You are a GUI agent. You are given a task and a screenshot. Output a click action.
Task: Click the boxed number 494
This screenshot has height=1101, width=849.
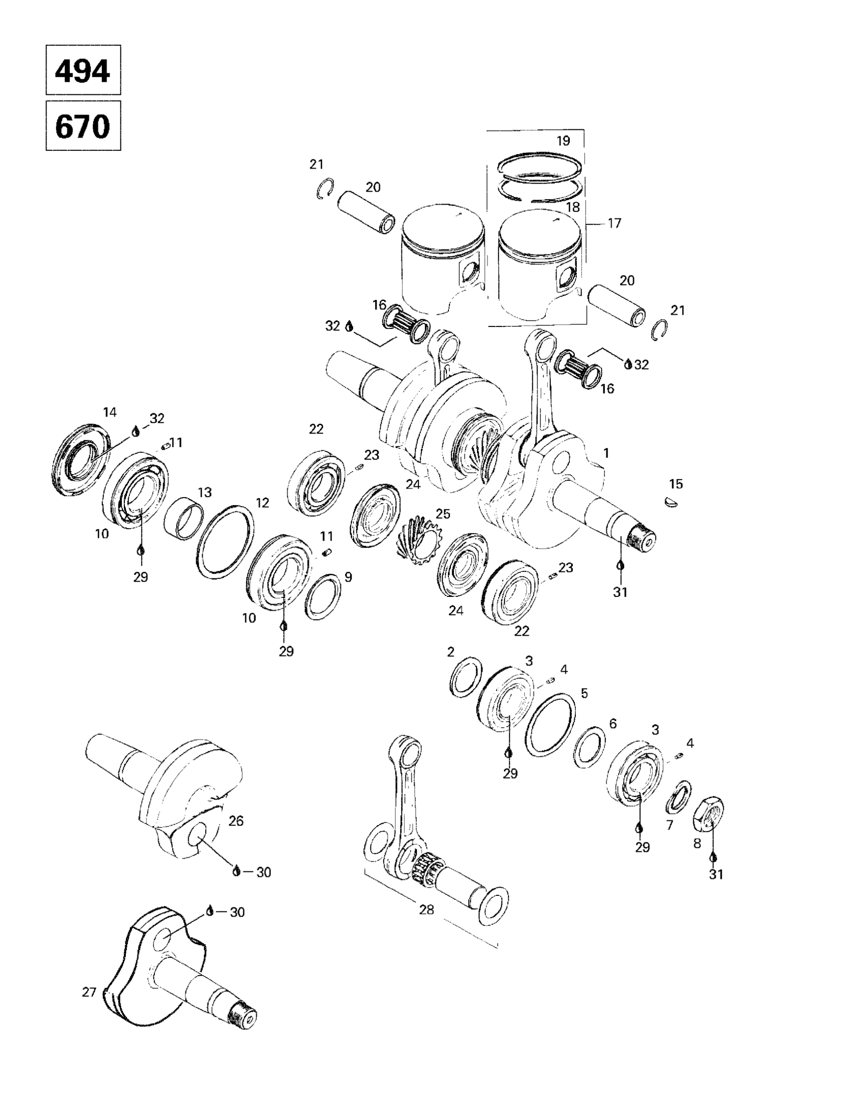click(83, 70)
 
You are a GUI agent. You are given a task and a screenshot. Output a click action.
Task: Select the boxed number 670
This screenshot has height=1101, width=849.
click(83, 126)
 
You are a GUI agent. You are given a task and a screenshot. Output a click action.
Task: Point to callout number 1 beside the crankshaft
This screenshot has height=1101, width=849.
click(606, 453)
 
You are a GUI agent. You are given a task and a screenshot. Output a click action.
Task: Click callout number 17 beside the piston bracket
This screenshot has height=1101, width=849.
click(614, 222)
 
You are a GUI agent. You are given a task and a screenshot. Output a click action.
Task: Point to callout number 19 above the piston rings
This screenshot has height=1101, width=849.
click(563, 141)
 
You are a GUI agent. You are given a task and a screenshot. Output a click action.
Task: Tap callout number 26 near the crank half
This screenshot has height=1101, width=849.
click(236, 821)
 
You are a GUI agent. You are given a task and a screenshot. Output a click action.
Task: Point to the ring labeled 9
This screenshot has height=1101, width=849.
click(322, 596)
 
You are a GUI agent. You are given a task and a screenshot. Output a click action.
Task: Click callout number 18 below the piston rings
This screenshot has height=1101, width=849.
click(572, 207)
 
